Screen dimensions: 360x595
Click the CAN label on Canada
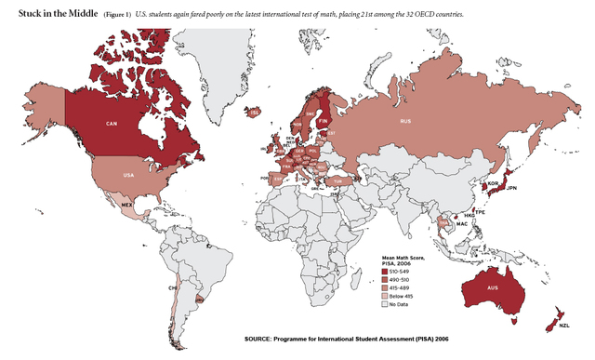click(x=112, y=123)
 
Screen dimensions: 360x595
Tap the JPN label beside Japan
click(x=511, y=188)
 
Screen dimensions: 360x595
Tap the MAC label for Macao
click(x=460, y=223)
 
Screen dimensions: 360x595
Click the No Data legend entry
click(x=401, y=304)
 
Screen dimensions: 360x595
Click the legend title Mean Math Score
click(x=402, y=258)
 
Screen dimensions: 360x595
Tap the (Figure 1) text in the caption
click(x=117, y=16)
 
